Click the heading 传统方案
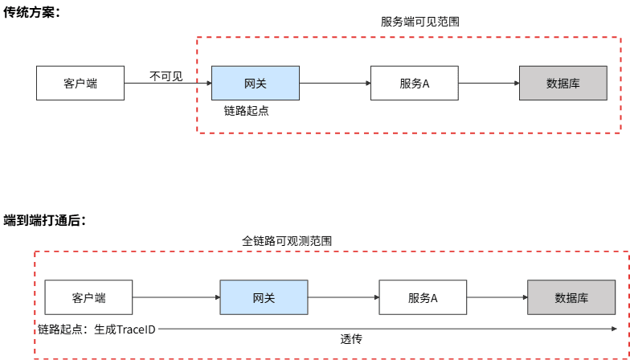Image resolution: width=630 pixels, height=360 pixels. (31, 14)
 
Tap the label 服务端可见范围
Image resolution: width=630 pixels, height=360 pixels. (419, 22)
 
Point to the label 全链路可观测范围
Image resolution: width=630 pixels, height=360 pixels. (287, 240)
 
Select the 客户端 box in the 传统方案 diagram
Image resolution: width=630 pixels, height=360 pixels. (80, 83)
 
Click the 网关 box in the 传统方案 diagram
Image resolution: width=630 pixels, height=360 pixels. (255, 83)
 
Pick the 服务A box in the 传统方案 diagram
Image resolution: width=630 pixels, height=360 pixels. (415, 83)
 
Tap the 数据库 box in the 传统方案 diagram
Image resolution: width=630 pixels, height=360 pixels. (563, 83)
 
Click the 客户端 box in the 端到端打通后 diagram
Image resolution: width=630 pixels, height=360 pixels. (88, 297)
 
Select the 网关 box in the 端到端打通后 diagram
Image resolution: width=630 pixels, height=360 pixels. (264, 297)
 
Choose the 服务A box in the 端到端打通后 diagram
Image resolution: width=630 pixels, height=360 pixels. (423, 297)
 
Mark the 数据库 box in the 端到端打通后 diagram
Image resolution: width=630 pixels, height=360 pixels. (571, 297)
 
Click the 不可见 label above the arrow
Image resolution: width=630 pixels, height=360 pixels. (166, 76)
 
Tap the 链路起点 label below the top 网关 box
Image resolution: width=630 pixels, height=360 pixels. (246, 111)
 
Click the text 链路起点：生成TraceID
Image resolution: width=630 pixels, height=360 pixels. (96, 329)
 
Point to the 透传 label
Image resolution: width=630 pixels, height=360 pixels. (351, 338)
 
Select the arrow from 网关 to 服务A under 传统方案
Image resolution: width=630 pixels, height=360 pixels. (334, 82)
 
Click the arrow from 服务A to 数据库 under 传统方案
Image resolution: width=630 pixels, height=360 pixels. (489, 82)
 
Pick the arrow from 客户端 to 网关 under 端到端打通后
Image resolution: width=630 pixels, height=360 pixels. (176, 297)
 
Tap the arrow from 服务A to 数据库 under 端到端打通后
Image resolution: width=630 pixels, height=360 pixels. (497, 297)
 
